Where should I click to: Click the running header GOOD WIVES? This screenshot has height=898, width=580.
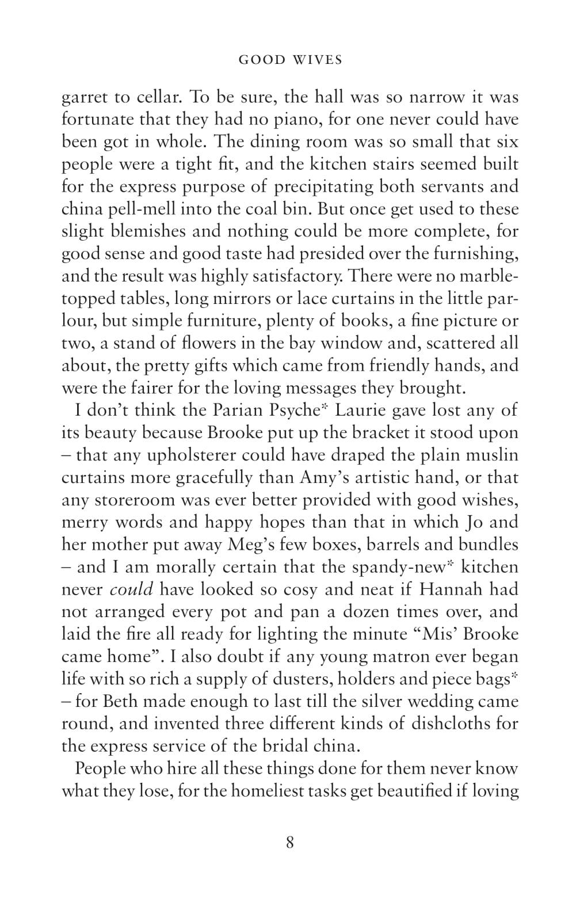click(x=290, y=60)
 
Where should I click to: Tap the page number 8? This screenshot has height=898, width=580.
click(x=289, y=843)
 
